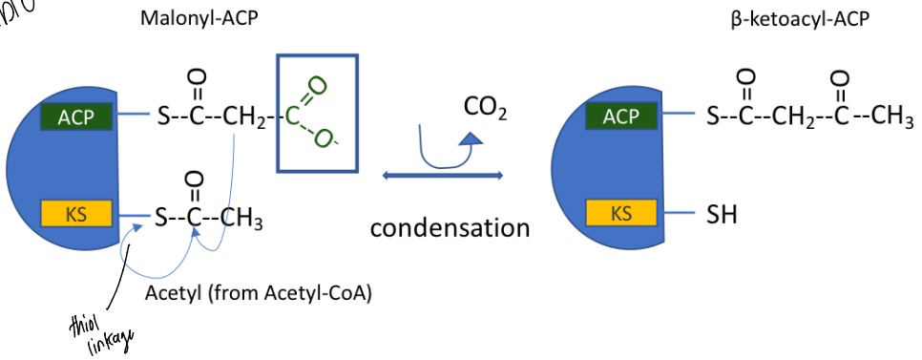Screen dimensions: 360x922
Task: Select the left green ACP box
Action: pyautogui.click(x=75, y=116)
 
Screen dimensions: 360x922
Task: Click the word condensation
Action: pyautogui.click(x=450, y=228)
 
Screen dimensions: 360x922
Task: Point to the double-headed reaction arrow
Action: pyautogui.click(x=442, y=175)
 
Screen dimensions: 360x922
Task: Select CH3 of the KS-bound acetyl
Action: pyautogui.click(x=242, y=216)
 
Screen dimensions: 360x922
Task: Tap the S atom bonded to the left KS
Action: pyautogui.click(x=162, y=214)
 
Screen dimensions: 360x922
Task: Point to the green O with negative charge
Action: pyautogui.click(x=325, y=142)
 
